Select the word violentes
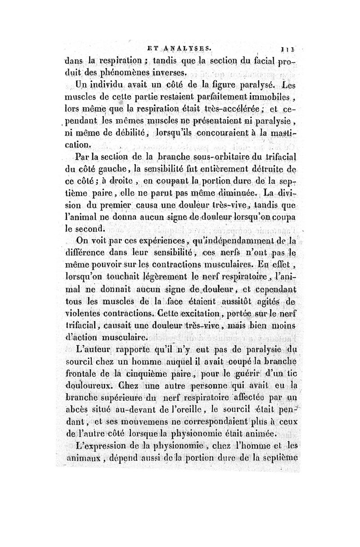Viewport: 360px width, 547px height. pos(83,311)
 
